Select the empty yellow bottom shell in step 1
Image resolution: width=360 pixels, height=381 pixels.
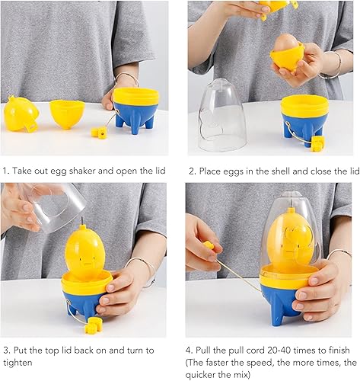pyautogui.click(x=67, y=114)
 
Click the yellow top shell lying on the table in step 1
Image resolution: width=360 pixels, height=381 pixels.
pyautogui.click(x=21, y=114)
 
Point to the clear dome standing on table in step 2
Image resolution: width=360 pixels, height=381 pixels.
pyautogui.click(x=221, y=116)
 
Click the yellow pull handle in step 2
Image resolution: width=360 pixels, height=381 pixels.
pyautogui.click(x=317, y=144)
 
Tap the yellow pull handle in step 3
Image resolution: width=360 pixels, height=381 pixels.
pyautogui.click(x=94, y=325)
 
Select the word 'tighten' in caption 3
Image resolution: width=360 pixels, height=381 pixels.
pyautogui.click(x=18, y=363)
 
